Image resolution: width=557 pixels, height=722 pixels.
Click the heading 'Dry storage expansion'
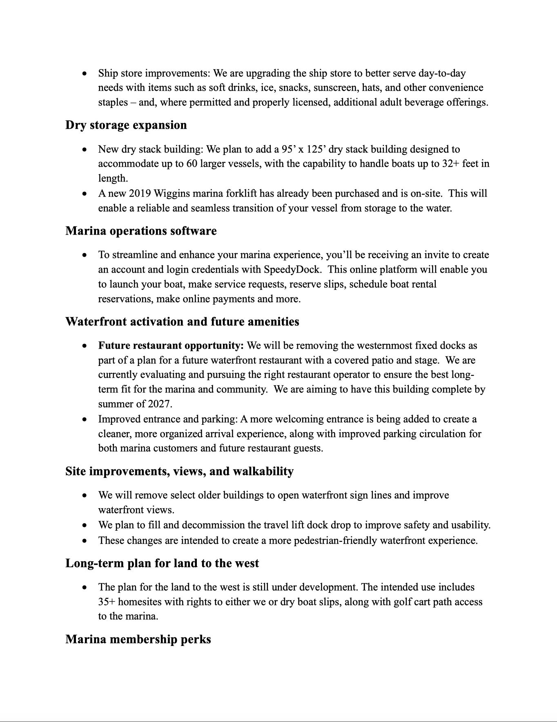click(x=126, y=125)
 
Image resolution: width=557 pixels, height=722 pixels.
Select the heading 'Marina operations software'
click(x=141, y=231)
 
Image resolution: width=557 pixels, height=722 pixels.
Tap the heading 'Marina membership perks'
click(x=138, y=639)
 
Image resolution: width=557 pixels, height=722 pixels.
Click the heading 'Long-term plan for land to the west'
click(x=162, y=563)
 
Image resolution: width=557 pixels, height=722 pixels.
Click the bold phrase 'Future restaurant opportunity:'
click(x=171, y=345)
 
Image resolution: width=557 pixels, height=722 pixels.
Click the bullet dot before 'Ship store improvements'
click(x=85, y=74)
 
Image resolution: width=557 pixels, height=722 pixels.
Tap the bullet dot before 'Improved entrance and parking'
click(x=85, y=419)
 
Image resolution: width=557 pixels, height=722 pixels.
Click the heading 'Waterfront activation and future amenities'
click(x=182, y=322)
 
